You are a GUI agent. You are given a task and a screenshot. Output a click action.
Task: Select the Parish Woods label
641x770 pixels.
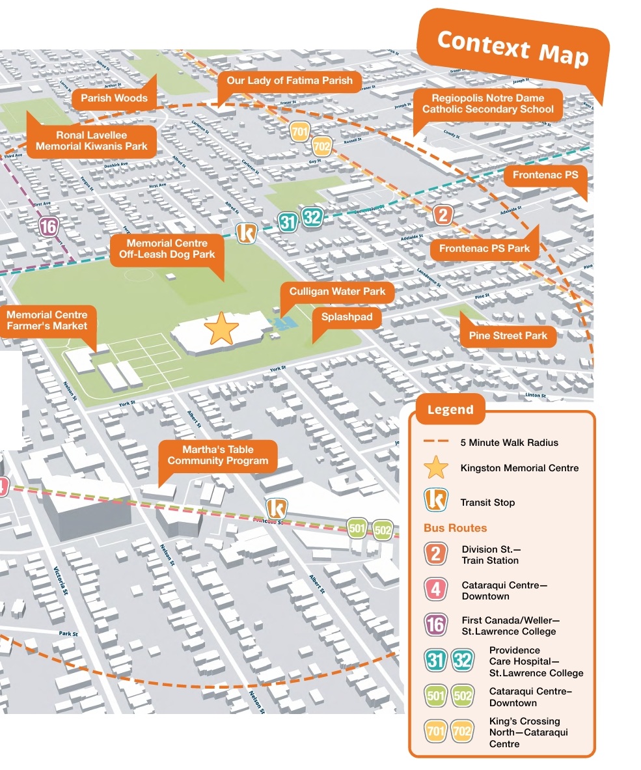pos(114,99)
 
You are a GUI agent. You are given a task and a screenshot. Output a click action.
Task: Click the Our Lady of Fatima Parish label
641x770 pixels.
pos(289,81)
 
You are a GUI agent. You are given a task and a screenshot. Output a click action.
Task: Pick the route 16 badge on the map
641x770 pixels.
pos(49,227)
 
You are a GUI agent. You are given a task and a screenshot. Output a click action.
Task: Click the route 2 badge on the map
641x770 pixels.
pos(443,215)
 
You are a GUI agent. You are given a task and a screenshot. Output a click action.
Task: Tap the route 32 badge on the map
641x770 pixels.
pos(312,217)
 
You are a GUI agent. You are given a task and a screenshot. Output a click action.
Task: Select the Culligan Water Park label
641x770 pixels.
pos(337,292)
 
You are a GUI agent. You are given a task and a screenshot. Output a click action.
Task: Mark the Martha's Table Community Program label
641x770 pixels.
pos(217,455)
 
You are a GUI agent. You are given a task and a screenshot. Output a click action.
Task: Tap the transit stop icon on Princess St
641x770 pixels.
pos(277,508)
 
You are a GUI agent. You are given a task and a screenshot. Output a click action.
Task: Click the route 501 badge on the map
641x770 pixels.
pos(357,529)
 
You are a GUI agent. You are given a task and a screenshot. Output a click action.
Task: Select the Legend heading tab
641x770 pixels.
pos(450,410)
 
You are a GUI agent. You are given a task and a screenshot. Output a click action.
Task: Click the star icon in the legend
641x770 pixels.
pos(436,468)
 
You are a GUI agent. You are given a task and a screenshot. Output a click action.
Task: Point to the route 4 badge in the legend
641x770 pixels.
pos(436,590)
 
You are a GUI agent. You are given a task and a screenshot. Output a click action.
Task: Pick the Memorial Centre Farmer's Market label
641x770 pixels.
pos(47,320)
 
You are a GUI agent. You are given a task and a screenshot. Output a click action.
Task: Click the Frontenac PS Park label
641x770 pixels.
pos(484,249)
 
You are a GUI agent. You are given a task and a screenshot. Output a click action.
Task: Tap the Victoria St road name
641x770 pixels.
pos(61,579)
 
